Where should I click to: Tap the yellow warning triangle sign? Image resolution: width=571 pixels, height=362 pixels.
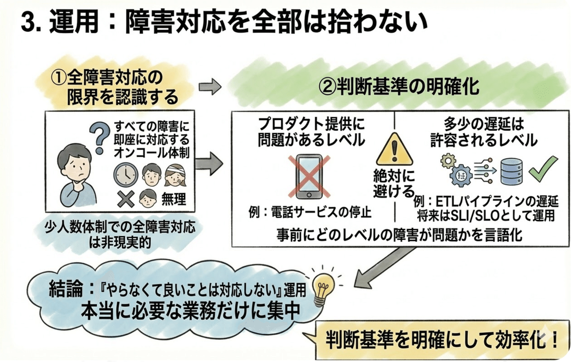click(393, 149)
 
